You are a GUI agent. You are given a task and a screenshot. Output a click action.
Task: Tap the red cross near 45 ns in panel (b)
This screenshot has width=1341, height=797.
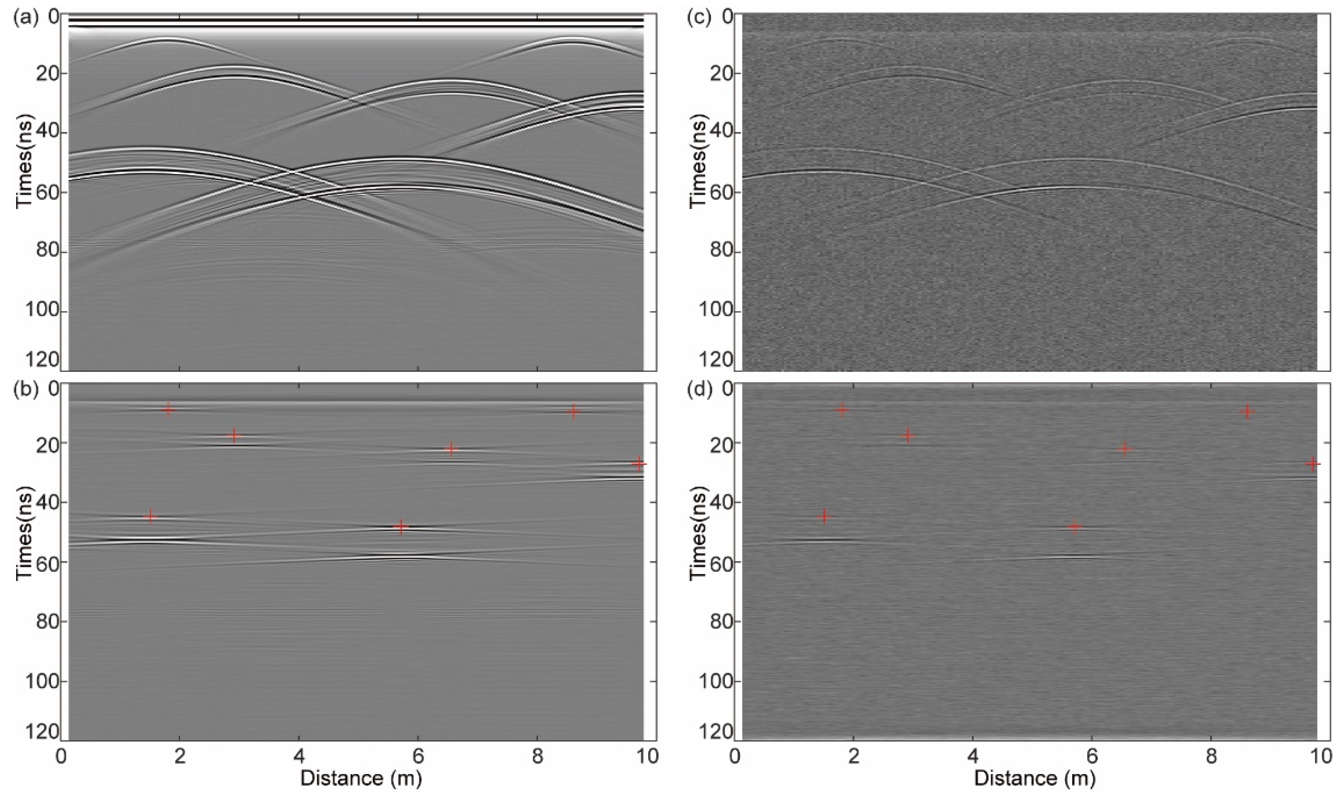coord(150,517)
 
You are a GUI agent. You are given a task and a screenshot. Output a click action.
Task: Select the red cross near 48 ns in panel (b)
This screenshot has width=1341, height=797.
coord(401,526)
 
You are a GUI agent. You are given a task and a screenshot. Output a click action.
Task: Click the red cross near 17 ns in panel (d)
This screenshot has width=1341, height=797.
coord(908,436)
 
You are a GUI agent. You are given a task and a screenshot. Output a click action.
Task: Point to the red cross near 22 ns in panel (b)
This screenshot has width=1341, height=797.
coord(451,449)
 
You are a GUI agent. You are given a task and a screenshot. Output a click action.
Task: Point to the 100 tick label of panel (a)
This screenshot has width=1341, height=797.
coord(41,312)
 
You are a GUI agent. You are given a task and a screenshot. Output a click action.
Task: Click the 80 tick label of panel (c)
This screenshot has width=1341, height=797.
coord(719,252)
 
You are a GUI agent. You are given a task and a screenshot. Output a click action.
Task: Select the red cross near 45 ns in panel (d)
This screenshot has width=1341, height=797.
coord(824,517)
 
